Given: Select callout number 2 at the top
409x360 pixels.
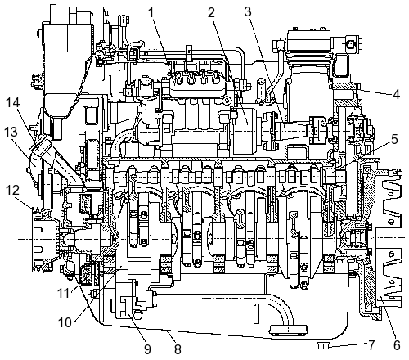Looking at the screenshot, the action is tap(211, 12).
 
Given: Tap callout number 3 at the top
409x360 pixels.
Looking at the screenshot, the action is tap(248, 11).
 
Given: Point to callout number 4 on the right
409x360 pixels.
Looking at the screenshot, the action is tap(396, 94).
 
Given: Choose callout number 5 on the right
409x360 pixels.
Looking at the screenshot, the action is tap(394, 139).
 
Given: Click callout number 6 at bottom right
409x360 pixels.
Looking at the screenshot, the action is tap(397, 345).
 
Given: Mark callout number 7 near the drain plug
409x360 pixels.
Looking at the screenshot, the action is tap(371, 345).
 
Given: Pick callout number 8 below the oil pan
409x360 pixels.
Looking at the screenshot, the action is tap(178, 349).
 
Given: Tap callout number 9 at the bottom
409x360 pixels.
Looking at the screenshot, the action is tap(147, 349).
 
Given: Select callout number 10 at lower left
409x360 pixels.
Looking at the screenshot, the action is tap(65, 322).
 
